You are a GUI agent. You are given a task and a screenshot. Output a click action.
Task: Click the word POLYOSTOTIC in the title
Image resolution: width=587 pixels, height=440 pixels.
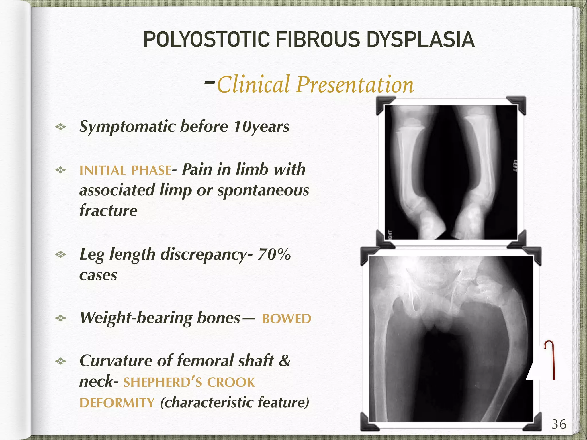tap(206, 40)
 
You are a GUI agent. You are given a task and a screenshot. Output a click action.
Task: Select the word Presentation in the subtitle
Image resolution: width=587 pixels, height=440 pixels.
tap(355, 85)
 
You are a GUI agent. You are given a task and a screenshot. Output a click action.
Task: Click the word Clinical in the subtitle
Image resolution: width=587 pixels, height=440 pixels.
tap(253, 85)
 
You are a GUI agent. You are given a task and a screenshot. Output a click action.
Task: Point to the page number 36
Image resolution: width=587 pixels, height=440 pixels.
tap(559, 424)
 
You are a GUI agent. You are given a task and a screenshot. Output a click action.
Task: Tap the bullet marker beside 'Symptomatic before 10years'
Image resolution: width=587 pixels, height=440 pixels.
tap(60, 127)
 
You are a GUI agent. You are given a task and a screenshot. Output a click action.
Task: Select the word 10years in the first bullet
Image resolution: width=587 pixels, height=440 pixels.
tap(261, 127)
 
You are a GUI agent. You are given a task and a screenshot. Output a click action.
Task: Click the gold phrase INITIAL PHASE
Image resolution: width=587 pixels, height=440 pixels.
tap(125, 170)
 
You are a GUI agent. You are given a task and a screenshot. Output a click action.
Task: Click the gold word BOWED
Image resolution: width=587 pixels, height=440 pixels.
tap(286, 319)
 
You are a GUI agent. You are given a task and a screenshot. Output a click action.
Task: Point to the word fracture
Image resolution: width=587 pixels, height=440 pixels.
tap(108, 211)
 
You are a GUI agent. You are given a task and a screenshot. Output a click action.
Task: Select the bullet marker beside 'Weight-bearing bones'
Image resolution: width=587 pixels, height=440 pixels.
tap(60, 318)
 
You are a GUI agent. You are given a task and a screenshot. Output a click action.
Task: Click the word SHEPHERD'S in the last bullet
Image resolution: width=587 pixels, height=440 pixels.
tap(163, 382)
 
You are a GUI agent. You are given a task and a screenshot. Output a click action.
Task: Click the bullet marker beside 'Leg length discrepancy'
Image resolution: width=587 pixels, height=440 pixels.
tap(60, 254)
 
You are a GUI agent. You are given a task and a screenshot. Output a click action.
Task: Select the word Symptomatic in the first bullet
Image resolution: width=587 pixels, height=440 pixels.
tap(127, 127)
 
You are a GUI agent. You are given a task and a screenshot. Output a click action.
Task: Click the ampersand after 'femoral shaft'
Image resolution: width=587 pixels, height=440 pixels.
tap(285, 361)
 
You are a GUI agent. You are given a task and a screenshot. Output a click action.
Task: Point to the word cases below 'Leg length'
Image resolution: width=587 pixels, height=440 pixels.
tap(98, 275)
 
